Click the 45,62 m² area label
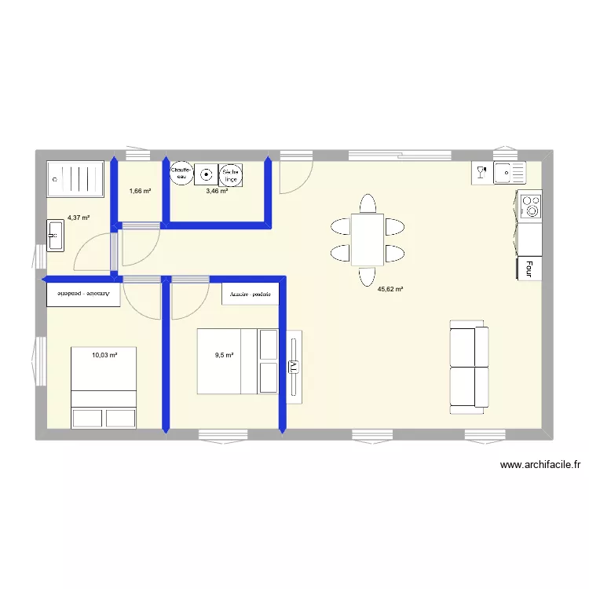click(x=390, y=289)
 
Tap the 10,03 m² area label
click(x=104, y=355)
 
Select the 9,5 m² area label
click(x=225, y=355)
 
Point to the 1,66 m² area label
click(x=140, y=191)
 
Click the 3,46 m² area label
click(x=217, y=191)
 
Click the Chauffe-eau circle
click(x=181, y=174)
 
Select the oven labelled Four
click(x=529, y=269)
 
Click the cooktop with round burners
click(x=532, y=206)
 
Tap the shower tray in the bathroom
click(x=75, y=179)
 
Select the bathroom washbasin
click(x=56, y=235)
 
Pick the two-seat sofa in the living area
click(x=469, y=367)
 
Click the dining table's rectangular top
click(x=368, y=239)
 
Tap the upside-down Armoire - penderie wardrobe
click(x=84, y=294)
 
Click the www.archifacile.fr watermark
click(x=540, y=465)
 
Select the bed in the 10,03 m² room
click(x=104, y=388)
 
